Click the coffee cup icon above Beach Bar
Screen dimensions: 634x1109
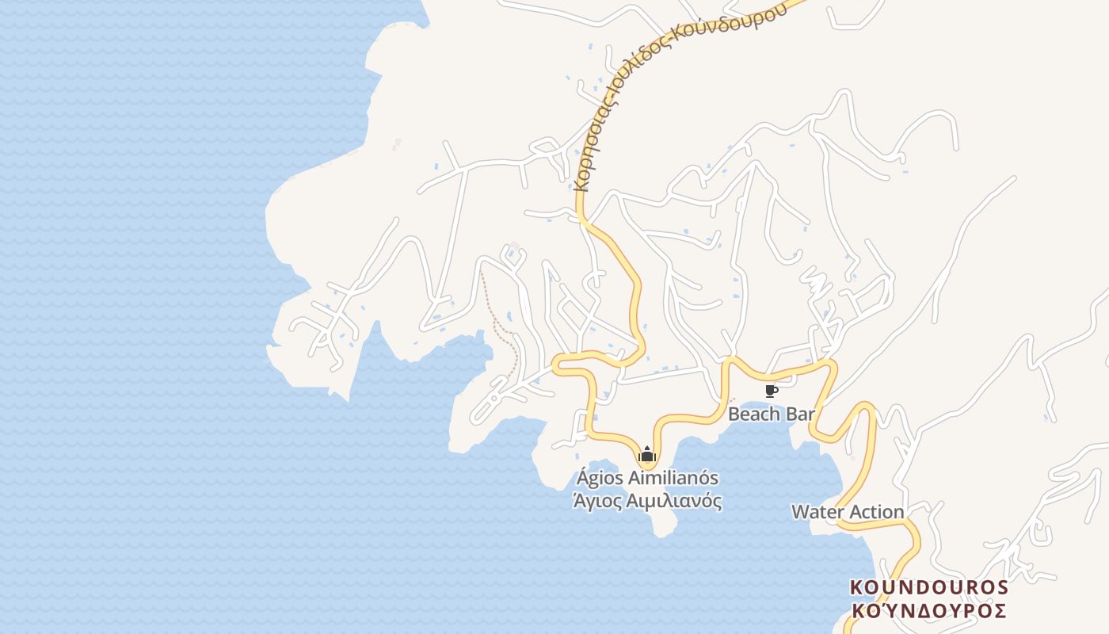(771, 391)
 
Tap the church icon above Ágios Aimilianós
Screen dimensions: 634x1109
(647, 454)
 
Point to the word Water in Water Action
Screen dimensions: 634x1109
(817, 512)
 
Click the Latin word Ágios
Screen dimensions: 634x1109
(600, 478)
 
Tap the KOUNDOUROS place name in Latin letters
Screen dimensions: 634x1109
(928, 587)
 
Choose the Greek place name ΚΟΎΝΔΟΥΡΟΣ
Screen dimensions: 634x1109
(928, 610)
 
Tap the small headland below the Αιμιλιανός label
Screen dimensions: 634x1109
(664, 523)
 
